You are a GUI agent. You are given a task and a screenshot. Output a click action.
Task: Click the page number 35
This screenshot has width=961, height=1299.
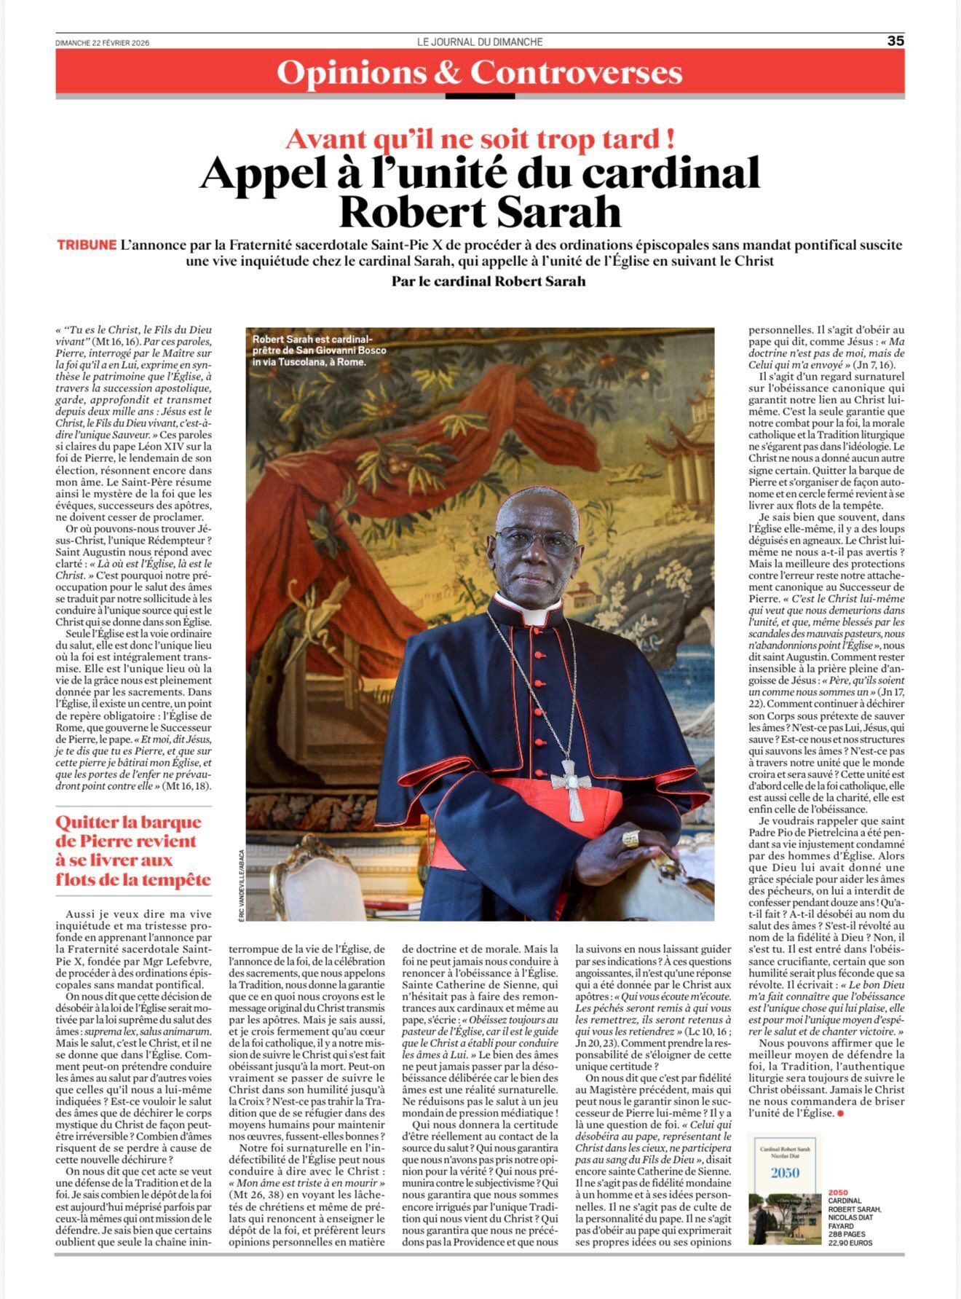[895, 41]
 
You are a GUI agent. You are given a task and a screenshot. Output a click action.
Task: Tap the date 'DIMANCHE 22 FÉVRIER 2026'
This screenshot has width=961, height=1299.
[102, 42]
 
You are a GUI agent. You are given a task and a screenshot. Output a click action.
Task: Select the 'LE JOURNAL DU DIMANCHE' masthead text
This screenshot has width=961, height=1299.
[480, 42]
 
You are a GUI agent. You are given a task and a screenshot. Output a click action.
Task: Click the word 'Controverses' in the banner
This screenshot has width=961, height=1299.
[576, 74]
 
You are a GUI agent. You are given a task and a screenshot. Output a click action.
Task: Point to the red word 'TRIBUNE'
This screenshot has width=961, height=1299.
[87, 245]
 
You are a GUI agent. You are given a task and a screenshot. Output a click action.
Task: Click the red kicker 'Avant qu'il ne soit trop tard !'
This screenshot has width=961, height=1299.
[480, 138]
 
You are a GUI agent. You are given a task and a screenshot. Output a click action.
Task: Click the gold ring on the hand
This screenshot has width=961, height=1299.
[630, 839]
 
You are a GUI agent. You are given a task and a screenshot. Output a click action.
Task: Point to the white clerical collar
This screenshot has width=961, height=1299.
[536, 616]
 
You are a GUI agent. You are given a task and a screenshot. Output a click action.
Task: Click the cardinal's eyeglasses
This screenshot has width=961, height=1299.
[537, 542]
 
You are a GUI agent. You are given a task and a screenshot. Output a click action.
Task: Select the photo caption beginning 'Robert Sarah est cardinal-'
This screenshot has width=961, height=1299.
[319, 350]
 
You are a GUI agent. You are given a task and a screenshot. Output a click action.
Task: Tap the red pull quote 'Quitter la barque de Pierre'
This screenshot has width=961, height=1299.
[133, 851]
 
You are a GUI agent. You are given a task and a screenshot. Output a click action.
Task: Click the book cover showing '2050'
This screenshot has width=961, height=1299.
[785, 1188]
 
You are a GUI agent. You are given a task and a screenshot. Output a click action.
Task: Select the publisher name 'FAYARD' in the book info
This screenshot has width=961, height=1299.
[843, 1226]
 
